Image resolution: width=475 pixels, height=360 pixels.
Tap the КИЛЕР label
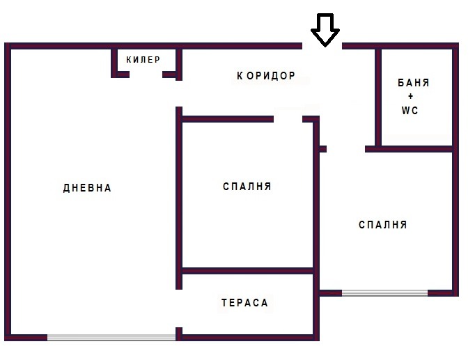pyautogui.click(x=143, y=60)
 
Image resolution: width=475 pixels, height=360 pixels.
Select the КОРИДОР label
pyautogui.click(x=266, y=76)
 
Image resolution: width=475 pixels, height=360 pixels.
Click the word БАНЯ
pyautogui.click(x=413, y=83)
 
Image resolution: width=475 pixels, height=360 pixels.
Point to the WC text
pyautogui.click(x=410, y=111)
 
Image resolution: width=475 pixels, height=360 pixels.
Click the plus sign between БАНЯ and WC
pyautogui.click(x=410, y=96)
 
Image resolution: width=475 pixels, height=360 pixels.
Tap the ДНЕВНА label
pyautogui.click(x=87, y=188)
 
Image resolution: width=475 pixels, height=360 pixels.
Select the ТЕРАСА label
pyautogui.click(x=244, y=303)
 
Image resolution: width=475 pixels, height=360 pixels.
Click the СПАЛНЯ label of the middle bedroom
pyautogui.click(x=247, y=187)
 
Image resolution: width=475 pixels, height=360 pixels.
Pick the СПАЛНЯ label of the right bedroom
pyautogui.click(x=383, y=225)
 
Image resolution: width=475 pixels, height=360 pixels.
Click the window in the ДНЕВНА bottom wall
pyautogui.click(x=111, y=338)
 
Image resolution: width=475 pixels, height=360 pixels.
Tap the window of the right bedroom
pyautogui.click(x=384, y=292)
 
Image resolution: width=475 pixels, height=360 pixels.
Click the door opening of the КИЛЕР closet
pyautogui.click(x=146, y=75)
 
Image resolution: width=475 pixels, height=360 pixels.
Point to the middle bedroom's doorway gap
pyautogui.click(x=288, y=119)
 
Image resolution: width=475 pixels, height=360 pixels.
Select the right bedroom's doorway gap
pyautogui.click(x=345, y=149)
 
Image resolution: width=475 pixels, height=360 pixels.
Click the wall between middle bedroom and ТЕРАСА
pyautogui.click(x=247, y=271)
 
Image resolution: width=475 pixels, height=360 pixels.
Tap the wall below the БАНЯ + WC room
pyautogui.click(x=409, y=149)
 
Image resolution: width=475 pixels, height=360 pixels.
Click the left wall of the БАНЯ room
pyautogui.click(x=378, y=97)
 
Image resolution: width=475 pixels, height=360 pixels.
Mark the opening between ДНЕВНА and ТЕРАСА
pyautogui.click(x=179, y=308)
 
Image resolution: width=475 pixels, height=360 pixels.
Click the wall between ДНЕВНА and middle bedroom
pyautogui.click(x=179, y=198)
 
